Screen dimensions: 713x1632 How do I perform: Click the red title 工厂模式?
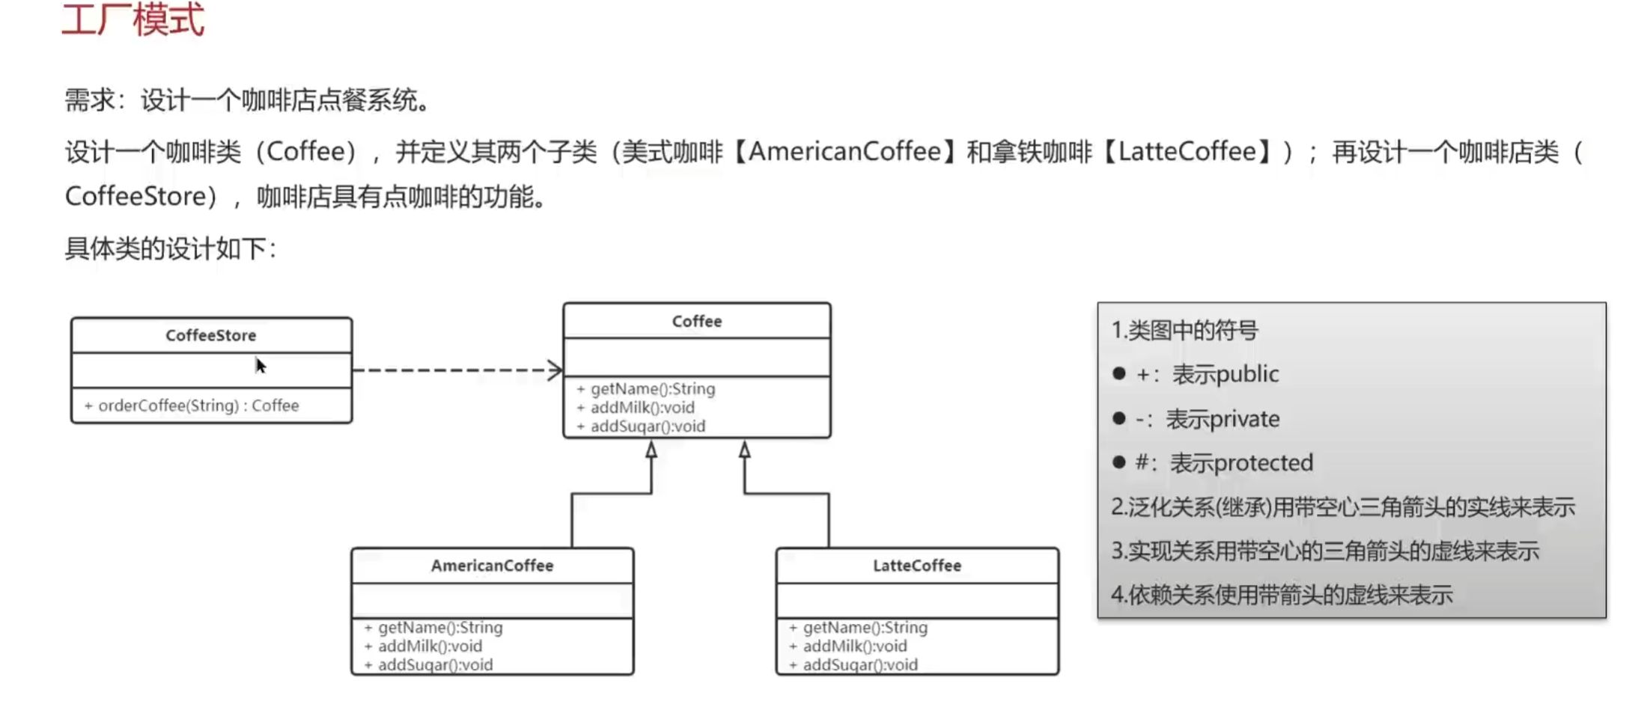(133, 19)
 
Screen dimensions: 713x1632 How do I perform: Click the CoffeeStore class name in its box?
(210, 335)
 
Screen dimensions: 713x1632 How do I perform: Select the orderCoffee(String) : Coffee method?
(198, 406)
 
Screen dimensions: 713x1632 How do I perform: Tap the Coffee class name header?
(696, 321)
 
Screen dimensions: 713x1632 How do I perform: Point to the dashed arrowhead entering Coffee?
(555, 370)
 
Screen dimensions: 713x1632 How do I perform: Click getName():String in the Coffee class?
(652, 389)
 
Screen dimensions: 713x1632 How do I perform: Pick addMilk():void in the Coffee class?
(642, 408)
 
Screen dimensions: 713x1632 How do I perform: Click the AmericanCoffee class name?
(492, 566)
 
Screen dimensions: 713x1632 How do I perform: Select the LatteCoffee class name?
(916, 566)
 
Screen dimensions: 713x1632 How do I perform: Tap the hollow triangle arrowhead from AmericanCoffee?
(651, 450)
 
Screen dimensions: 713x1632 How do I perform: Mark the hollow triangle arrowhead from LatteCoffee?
(744, 450)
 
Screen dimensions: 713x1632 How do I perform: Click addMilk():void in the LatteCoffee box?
(854, 646)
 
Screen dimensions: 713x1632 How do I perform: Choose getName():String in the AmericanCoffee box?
(439, 628)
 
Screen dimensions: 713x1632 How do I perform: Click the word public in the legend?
(1250, 374)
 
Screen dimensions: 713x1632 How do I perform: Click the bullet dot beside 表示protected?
(1119, 462)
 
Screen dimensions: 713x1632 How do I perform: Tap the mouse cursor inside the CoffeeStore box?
(260, 365)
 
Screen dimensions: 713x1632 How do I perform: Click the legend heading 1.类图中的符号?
(1184, 330)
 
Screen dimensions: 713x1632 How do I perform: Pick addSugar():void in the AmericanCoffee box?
(435, 665)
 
